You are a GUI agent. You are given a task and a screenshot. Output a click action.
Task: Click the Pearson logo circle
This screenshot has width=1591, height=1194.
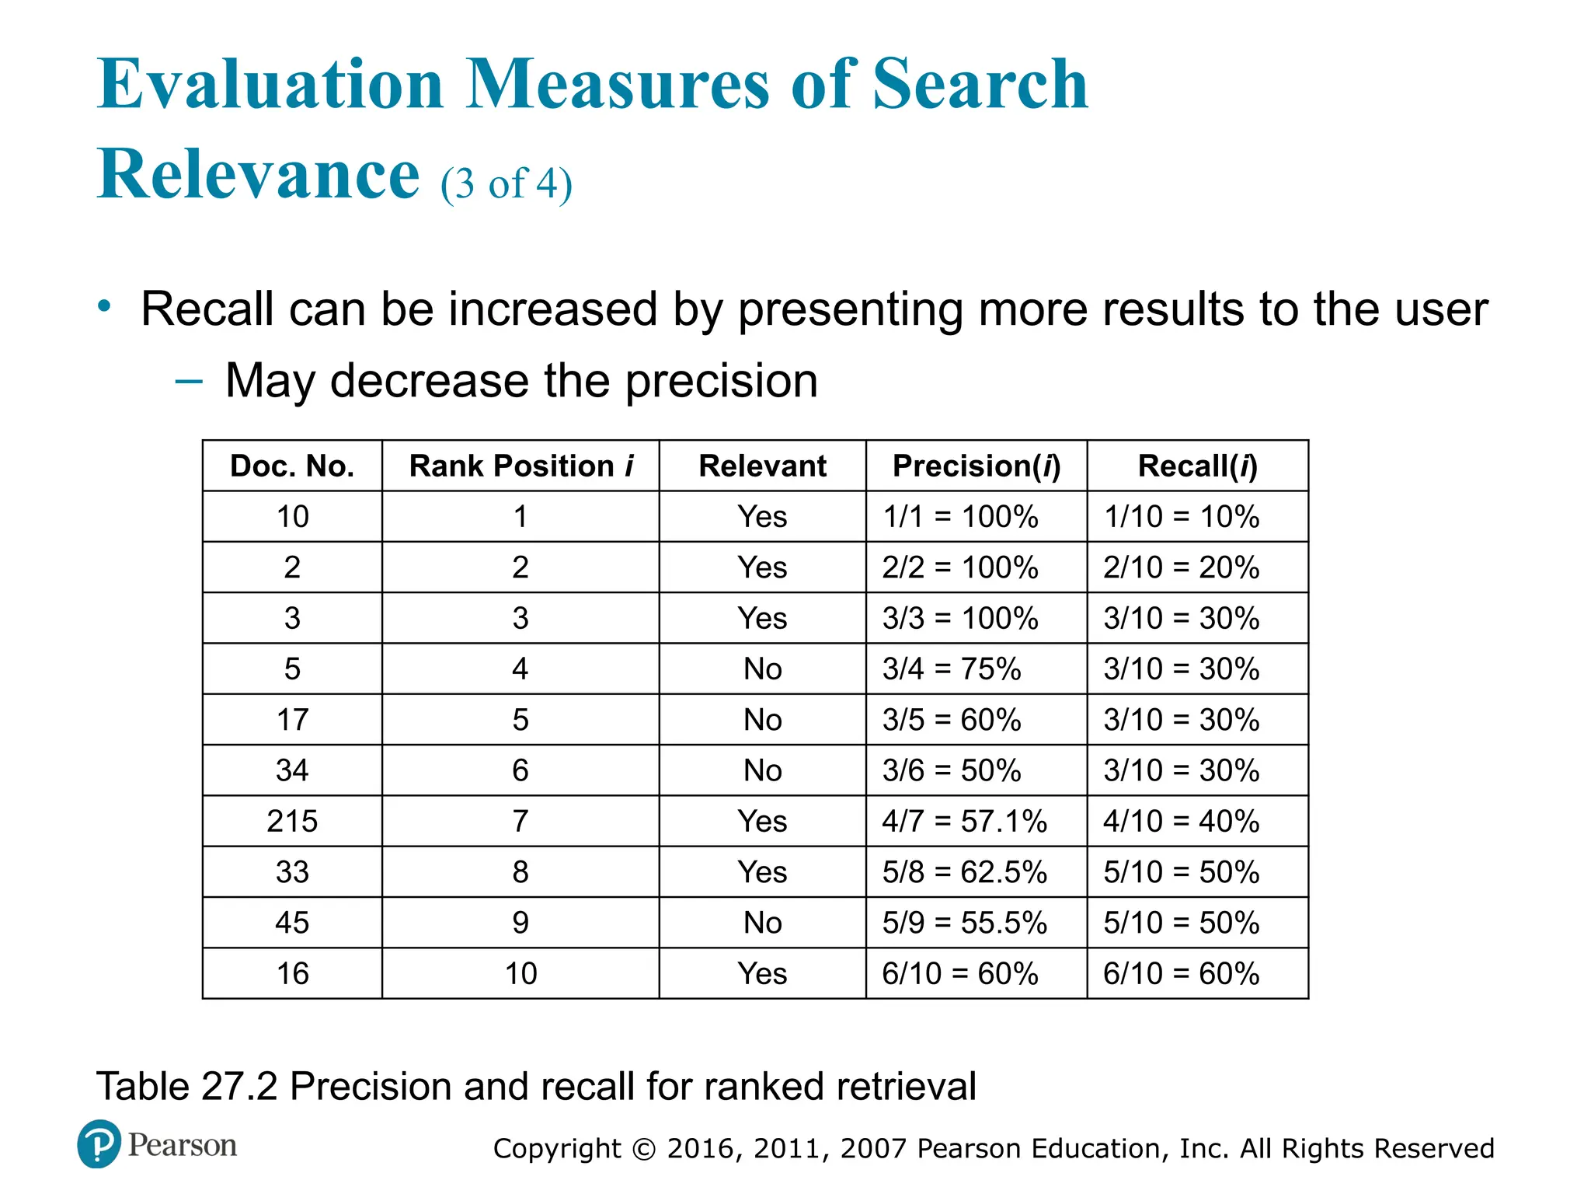click(99, 1143)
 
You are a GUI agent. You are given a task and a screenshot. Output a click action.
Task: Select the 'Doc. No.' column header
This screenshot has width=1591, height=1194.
click(292, 466)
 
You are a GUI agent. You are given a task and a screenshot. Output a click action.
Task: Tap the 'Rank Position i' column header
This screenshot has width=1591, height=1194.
click(520, 466)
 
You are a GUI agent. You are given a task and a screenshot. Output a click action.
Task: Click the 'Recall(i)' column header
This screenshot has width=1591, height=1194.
click(1197, 466)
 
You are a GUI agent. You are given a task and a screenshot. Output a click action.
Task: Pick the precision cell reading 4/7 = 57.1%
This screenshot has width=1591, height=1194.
click(964, 821)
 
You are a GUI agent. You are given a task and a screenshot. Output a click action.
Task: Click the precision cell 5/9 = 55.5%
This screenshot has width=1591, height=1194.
click(964, 923)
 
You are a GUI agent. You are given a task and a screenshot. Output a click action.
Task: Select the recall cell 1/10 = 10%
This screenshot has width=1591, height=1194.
click(1181, 516)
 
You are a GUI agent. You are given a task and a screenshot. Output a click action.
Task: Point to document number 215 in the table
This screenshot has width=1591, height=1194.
click(292, 821)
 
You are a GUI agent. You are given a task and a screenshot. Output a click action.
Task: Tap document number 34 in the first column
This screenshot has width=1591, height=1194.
click(292, 770)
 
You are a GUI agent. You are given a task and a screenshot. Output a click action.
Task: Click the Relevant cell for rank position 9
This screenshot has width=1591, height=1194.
click(762, 923)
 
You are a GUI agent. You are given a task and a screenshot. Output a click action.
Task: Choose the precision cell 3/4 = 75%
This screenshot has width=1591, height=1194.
click(951, 669)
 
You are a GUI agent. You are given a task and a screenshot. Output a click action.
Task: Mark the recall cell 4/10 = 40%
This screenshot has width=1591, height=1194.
click(1181, 821)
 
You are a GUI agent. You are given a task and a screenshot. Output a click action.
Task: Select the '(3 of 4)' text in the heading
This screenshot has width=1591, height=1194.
click(507, 184)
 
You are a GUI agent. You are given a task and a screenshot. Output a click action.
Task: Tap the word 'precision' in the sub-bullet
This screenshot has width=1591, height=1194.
click(721, 381)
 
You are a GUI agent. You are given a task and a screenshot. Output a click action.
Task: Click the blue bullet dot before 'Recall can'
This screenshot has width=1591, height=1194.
click(104, 306)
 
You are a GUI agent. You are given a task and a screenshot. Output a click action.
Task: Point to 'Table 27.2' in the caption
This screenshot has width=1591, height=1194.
click(186, 1086)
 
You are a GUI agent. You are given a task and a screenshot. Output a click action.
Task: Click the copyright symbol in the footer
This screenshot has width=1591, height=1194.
click(644, 1149)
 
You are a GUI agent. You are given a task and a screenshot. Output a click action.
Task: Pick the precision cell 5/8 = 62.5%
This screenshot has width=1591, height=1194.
click(964, 872)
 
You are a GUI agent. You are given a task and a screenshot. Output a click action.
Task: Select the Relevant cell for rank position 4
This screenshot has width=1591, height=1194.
click(762, 669)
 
